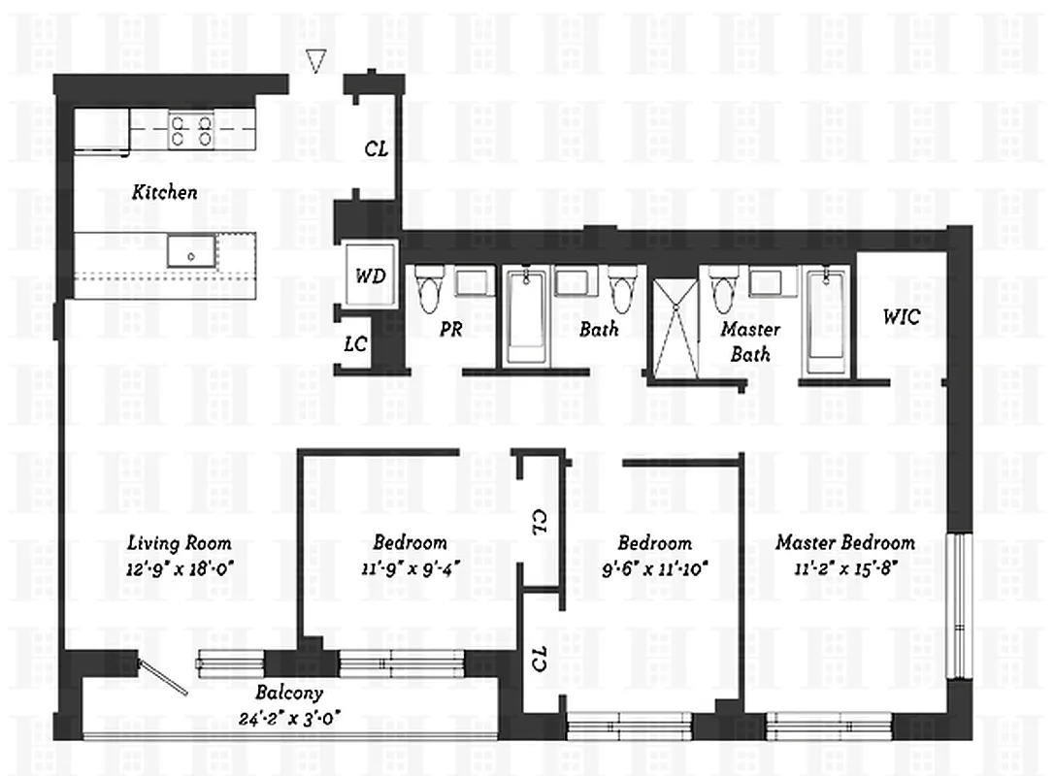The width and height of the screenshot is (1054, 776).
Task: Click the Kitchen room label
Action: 164,192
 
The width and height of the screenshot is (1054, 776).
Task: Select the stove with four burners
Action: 191,130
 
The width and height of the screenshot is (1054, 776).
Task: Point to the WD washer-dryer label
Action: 370,276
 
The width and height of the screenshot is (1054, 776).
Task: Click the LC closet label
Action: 356,344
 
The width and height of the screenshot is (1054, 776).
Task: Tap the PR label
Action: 450,329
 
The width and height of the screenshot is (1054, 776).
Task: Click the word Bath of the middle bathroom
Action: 599,330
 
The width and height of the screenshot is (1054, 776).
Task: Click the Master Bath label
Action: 750,341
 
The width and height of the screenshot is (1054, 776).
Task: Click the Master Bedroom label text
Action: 844,543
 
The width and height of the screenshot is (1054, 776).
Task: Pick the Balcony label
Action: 289,695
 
